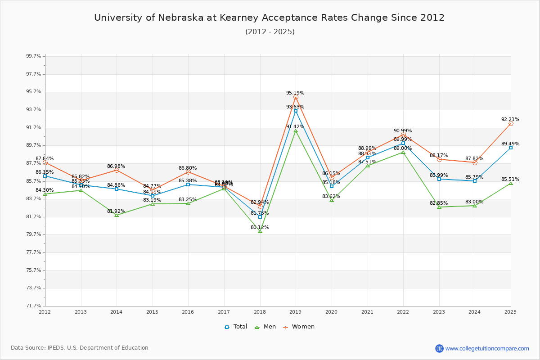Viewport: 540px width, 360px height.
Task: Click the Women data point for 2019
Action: pyautogui.click(x=296, y=97)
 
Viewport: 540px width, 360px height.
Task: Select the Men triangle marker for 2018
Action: pyautogui.click(x=260, y=231)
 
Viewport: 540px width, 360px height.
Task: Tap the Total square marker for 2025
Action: pyautogui.click(x=511, y=148)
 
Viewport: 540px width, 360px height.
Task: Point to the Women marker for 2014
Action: pyautogui.click(x=117, y=170)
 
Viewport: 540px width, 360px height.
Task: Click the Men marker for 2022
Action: pyautogui.click(x=403, y=153)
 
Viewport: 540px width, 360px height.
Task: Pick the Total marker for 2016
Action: pyautogui.click(x=188, y=184)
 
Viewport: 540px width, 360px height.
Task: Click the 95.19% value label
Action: pyautogui.click(x=295, y=93)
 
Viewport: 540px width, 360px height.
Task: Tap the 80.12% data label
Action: pyautogui.click(x=260, y=228)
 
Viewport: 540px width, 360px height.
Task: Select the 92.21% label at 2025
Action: pyautogui.click(x=510, y=120)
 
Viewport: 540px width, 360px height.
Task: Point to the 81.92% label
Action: pyautogui.click(x=116, y=211)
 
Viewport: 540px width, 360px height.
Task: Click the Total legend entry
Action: pyautogui.click(x=236, y=327)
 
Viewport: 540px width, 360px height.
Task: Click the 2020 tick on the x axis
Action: pyautogui.click(x=331, y=311)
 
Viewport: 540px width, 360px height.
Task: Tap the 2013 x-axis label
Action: pyautogui.click(x=81, y=311)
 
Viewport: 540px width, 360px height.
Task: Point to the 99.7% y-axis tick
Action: pyautogui.click(x=34, y=56)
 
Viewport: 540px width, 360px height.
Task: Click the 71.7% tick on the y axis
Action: pyautogui.click(x=34, y=306)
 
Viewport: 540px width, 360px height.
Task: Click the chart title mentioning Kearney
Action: pyautogui.click(x=269, y=18)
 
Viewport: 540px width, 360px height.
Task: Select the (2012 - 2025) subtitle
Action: pyautogui.click(x=270, y=31)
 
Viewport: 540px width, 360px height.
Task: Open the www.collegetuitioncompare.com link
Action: pyautogui.click(x=487, y=348)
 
